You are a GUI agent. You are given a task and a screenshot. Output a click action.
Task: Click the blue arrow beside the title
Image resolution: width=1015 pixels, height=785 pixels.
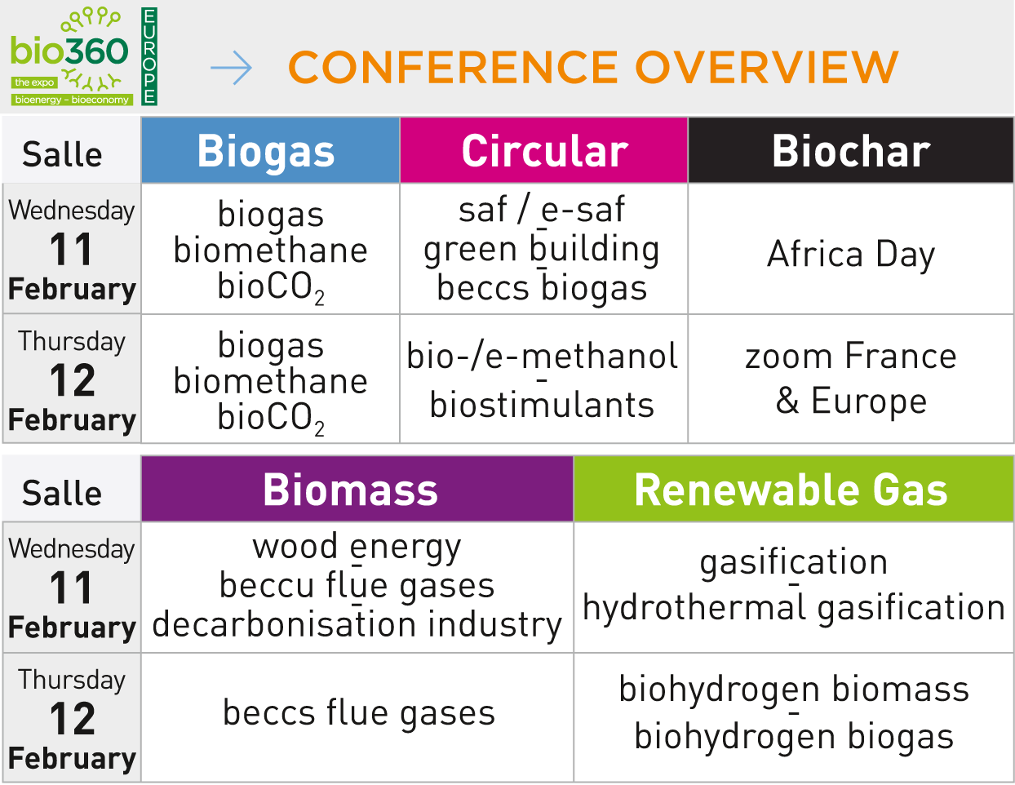pyautogui.click(x=231, y=68)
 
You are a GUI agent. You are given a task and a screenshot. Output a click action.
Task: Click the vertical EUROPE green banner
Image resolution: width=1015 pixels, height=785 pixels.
pyautogui.click(x=149, y=56)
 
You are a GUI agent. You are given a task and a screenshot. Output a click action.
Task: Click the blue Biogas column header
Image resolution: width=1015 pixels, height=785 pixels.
pyautogui.click(x=270, y=150)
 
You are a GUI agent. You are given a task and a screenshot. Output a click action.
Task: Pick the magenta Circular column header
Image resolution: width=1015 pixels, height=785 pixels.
pyautogui.click(x=543, y=150)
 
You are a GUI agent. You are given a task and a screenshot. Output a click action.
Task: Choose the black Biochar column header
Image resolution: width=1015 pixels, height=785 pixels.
pyautogui.click(x=851, y=150)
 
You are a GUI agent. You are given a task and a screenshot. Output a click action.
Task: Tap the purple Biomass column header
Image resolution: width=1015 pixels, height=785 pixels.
pyautogui.click(x=357, y=489)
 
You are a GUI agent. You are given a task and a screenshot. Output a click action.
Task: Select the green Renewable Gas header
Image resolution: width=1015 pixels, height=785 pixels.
pyautogui.click(x=793, y=489)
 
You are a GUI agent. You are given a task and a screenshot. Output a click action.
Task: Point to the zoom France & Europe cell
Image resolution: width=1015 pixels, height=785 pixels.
pyautogui.click(x=850, y=379)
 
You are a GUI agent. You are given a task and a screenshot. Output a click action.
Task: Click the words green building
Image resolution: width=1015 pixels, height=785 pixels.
pyautogui.click(x=542, y=250)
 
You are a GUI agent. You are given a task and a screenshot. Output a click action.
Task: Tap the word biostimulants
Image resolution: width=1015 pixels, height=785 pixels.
pyautogui.click(x=542, y=405)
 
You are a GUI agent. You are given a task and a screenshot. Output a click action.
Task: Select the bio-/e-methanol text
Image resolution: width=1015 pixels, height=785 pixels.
pyautogui.click(x=542, y=356)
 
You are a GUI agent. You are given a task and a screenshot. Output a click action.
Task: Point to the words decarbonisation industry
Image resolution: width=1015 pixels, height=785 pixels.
pyautogui.click(x=357, y=625)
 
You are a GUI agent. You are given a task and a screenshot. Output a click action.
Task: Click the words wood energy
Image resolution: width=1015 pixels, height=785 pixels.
pyautogui.click(x=357, y=548)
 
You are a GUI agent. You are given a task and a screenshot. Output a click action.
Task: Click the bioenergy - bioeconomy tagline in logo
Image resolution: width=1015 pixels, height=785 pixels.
pyautogui.click(x=72, y=100)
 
